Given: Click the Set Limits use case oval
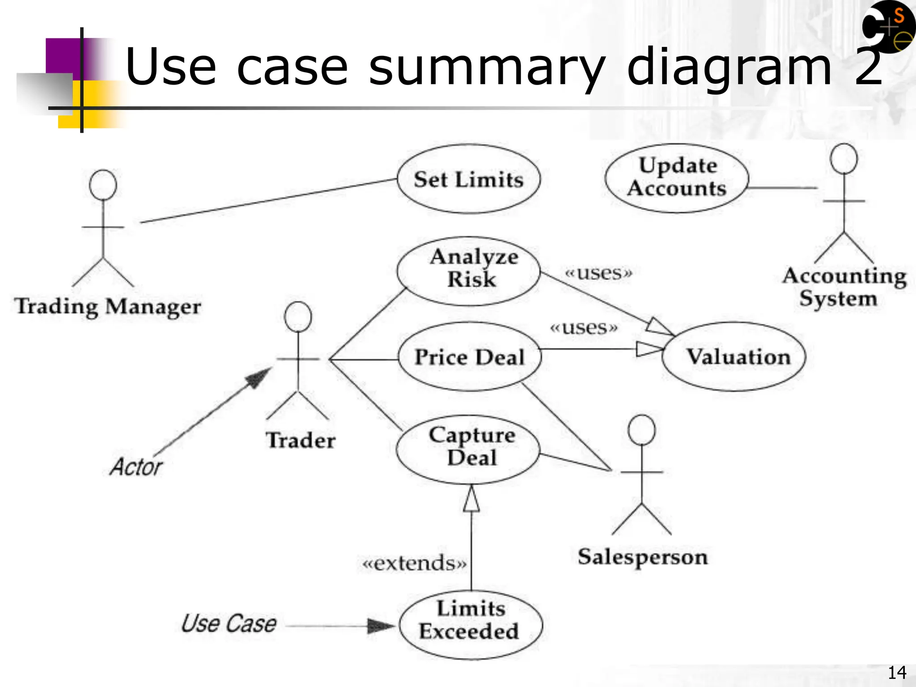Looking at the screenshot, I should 469,179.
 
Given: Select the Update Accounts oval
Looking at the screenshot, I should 677,178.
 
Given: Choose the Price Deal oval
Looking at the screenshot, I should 470,357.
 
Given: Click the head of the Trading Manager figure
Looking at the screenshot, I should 103,185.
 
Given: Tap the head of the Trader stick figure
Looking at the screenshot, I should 298,317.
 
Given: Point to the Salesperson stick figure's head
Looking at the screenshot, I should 641,430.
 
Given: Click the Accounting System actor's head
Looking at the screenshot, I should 844,159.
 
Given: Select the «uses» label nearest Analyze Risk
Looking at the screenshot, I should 599,272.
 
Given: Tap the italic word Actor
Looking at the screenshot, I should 136,467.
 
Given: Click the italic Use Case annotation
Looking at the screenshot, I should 229,623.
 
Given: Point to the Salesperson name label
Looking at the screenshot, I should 643,557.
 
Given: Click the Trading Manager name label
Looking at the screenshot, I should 108,307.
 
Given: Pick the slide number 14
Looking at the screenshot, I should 897,672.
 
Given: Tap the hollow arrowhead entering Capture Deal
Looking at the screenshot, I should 471,499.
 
